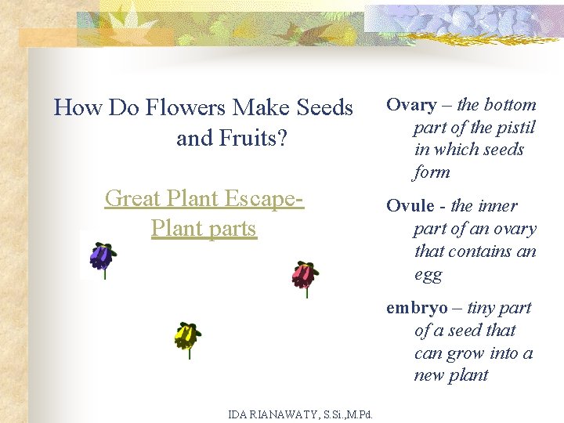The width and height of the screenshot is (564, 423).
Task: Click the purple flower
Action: pos(101,257)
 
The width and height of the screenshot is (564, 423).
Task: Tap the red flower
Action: pos(303,274)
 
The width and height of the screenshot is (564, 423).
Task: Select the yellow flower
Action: pos(186,336)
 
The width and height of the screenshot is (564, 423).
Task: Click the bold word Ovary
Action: pos(412,105)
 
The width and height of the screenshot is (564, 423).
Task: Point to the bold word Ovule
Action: pos(410,206)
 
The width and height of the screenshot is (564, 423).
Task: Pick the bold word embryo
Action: pos(416,308)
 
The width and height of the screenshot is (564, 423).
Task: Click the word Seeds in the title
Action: pos(322,107)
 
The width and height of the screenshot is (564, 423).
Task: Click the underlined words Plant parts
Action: pos(204,229)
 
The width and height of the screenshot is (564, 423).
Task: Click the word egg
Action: pos(428,275)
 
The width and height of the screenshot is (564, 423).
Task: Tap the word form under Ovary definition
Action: pos(432,172)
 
